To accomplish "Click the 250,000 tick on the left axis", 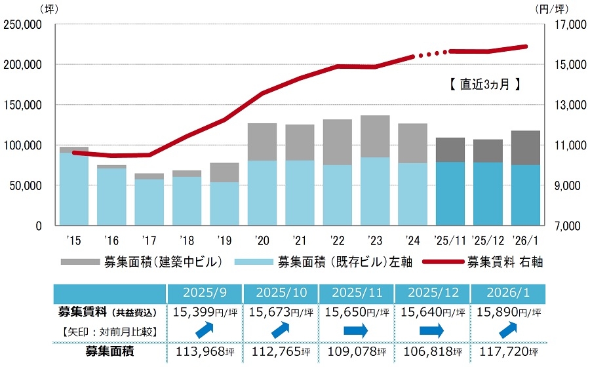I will (24, 25).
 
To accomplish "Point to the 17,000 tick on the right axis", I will (561, 25).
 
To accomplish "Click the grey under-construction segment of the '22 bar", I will (337, 142).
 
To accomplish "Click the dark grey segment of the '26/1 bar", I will (525, 147).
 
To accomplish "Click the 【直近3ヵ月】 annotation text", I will (481, 84).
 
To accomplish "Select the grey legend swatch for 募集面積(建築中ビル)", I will (79, 262).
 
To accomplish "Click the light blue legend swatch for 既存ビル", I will (254, 262).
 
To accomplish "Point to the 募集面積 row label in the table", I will (109, 352).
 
